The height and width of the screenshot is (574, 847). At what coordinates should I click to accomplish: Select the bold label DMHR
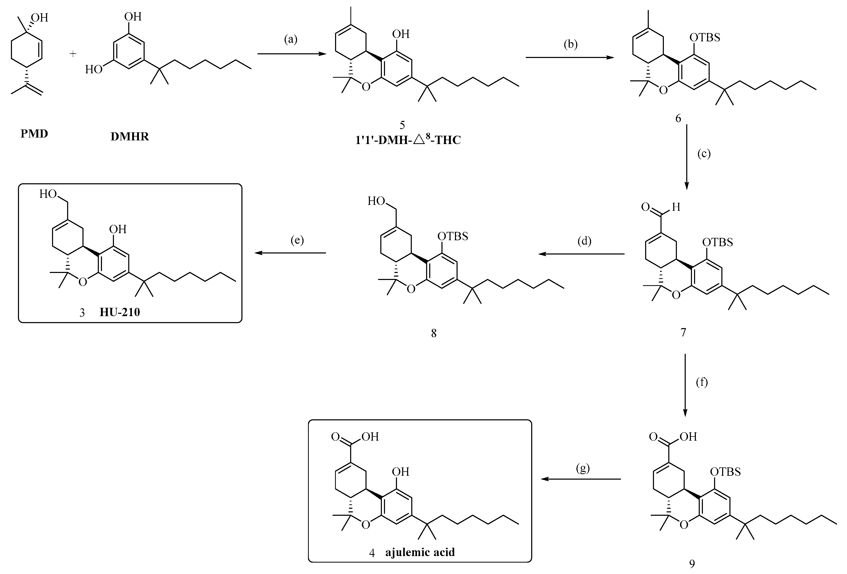coord(130,136)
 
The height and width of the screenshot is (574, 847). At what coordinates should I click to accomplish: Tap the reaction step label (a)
coord(291,39)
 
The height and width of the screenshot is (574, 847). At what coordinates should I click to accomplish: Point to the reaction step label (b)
coord(570,44)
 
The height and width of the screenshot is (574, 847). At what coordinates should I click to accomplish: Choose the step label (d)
coord(584,241)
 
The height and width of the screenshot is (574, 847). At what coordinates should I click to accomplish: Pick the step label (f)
coord(702,382)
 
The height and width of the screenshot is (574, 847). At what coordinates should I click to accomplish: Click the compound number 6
coord(678,118)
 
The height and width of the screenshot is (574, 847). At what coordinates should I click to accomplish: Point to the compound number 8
coord(433,333)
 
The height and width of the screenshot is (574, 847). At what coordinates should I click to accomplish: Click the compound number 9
coord(692,564)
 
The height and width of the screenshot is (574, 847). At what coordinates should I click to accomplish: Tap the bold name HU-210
coord(120,312)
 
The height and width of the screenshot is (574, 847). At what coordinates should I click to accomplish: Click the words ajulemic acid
coord(420,552)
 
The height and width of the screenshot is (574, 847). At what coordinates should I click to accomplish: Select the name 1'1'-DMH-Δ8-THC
coord(408,140)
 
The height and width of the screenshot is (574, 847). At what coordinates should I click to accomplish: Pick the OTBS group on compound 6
coord(705,37)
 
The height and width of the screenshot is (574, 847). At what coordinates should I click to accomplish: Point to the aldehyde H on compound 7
coord(676,207)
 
